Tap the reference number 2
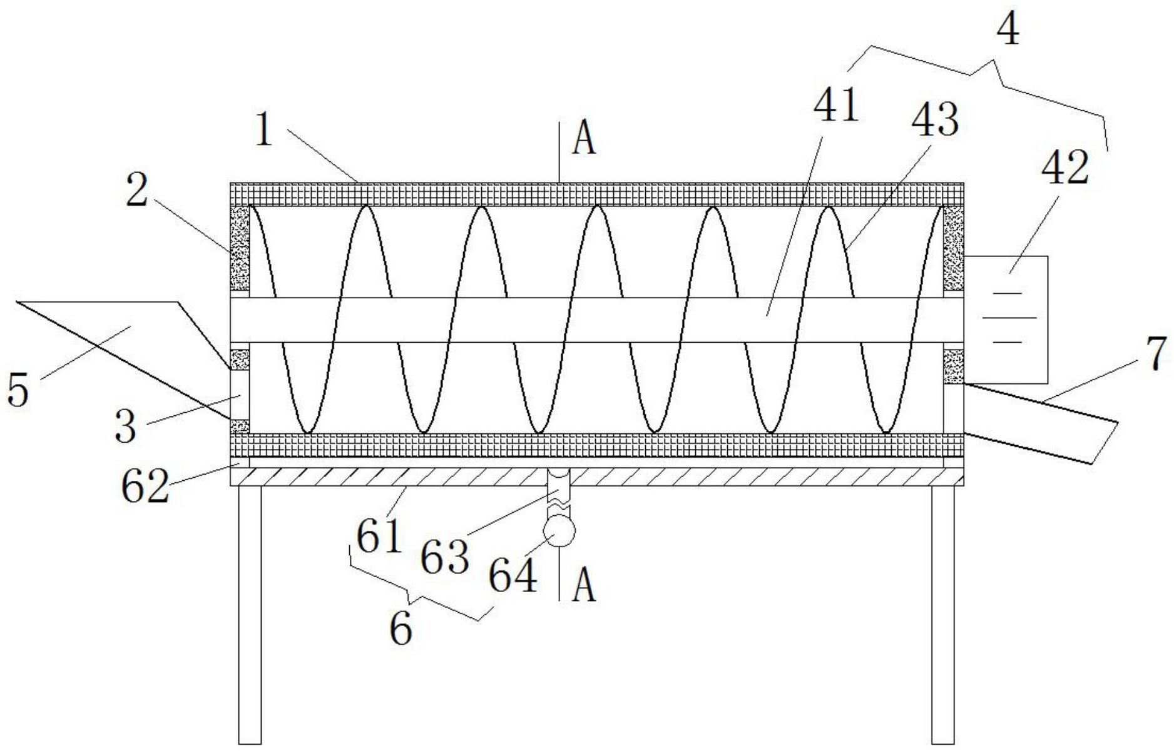[137, 189]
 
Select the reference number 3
[126, 426]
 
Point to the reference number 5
[18, 390]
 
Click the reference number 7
[1156, 354]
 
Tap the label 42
[1066, 167]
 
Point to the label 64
[513, 576]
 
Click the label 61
[379, 537]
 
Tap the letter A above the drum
[584, 140]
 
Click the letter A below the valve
[584, 587]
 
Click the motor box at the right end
[1006, 319]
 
